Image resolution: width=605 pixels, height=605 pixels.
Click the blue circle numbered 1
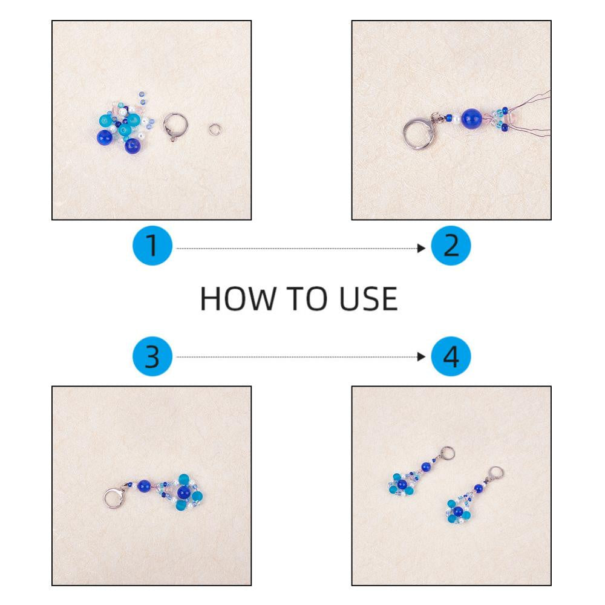tap(152, 246)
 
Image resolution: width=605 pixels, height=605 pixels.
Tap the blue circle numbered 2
tap(451, 246)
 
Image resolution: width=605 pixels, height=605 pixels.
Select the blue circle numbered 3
tap(152, 356)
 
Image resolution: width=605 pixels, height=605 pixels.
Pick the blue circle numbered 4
tap(451, 356)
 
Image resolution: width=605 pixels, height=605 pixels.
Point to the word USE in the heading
tap(368, 299)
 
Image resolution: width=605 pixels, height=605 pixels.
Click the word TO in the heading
tap(306, 299)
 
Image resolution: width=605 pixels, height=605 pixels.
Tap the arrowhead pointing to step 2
tap(421, 248)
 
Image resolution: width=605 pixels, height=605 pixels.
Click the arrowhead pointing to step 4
tap(421, 357)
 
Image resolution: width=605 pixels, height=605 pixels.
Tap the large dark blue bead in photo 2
tap(471, 118)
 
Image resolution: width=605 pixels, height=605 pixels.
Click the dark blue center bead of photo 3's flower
tap(183, 492)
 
